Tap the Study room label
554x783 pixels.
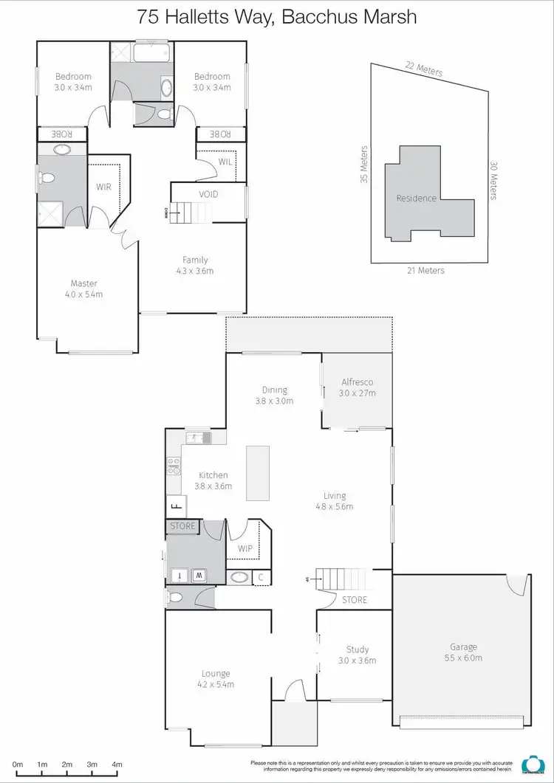(358, 650)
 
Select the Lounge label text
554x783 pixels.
(216, 673)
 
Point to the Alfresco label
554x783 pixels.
(357, 382)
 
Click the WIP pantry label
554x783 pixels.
(245, 549)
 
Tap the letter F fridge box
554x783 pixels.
(175, 507)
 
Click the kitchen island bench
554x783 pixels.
(258, 473)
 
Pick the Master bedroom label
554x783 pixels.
(84, 283)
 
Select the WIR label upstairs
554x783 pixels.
(103, 187)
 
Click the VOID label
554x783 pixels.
(208, 194)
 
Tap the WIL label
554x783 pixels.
(225, 162)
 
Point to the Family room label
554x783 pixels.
(196, 260)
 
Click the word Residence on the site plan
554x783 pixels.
(417, 198)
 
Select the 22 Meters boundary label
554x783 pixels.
(424, 69)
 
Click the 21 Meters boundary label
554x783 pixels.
(426, 271)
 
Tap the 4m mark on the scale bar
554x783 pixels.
(117, 765)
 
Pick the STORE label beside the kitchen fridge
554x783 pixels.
(183, 526)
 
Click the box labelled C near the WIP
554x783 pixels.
(260, 578)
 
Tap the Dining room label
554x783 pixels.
(275, 390)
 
